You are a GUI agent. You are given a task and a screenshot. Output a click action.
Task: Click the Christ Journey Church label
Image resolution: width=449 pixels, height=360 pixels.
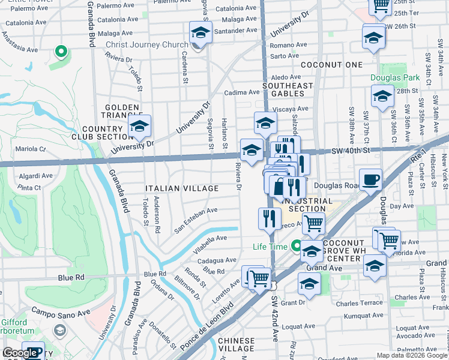click(x=146, y=45)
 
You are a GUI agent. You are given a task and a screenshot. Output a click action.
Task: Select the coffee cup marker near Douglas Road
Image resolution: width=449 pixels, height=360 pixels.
click(x=370, y=179)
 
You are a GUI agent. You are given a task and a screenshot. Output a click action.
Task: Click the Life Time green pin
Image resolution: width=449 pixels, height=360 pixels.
click(x=295, y=245)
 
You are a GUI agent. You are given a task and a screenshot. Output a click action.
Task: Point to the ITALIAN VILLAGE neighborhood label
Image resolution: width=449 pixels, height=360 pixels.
click(x=182, y=188)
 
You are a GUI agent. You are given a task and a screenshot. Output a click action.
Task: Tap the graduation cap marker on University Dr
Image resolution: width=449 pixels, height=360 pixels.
click(x=139, y=127)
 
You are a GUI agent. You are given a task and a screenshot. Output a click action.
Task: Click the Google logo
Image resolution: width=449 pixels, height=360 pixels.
click(x=20, y=353)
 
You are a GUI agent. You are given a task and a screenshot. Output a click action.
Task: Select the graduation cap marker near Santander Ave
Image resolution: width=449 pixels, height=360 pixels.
click(x=200, y=32)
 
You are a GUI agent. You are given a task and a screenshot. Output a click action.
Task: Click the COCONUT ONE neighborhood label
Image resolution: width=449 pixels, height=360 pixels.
click(x=331, y=65)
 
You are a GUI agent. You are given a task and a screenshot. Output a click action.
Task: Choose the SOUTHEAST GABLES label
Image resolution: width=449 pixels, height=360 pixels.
click(x=288, y=89)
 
